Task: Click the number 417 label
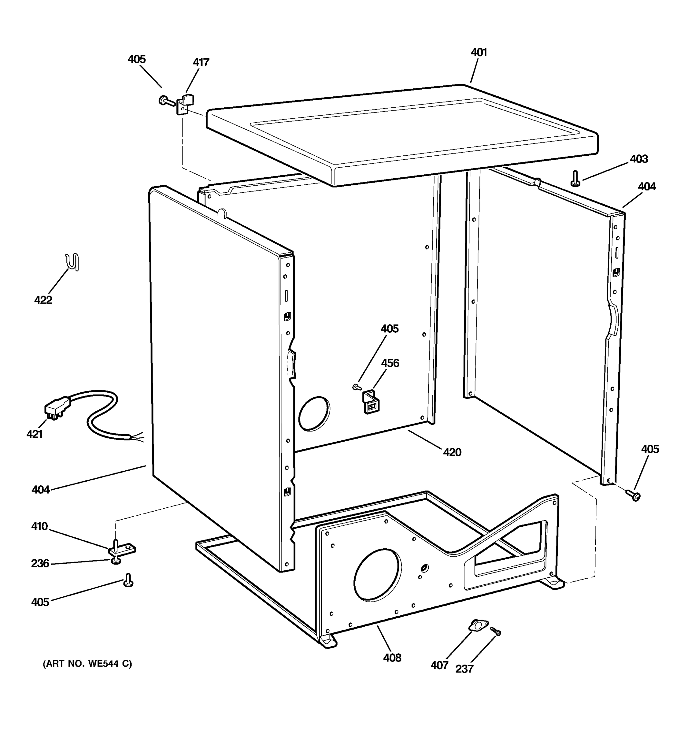[x=201, y=62]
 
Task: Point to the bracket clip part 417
[x=186, y=103]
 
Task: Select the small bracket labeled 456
[x=371, y=402]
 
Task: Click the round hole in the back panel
[x=314, y=413]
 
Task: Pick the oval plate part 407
[x=478, y=625]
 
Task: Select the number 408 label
[x=392, y=658]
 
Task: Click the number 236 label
[x=40, y=563]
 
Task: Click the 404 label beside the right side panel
[x=647, y=187]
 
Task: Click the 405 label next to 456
[x=389, y=328]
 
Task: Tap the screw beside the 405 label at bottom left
[x=128, y=580]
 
